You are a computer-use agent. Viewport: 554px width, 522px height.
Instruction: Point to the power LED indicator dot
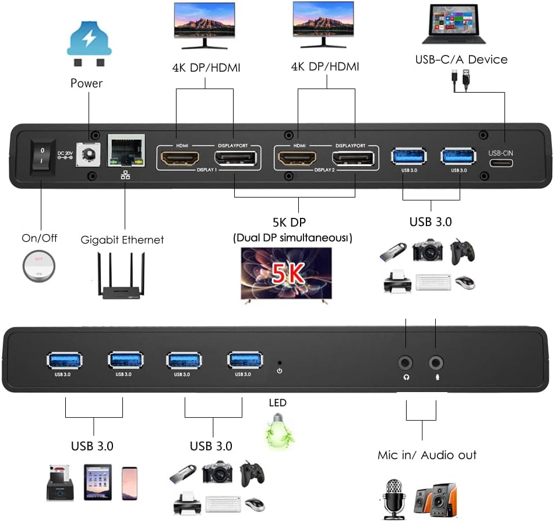280,361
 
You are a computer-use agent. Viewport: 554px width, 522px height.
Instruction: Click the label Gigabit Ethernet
122,240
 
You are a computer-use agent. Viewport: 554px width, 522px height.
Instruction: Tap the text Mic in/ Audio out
426,455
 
